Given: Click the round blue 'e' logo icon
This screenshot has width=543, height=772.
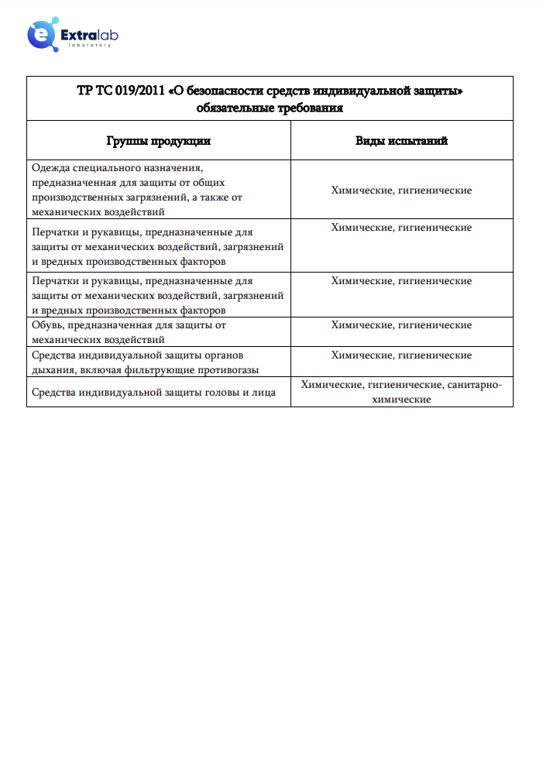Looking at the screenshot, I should pos(40,36).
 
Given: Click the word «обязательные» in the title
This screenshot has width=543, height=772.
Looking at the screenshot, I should pos(232,108).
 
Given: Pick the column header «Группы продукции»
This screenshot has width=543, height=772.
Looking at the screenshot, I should pos(158,141).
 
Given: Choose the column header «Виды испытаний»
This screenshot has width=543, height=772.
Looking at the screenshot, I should pos(401,141).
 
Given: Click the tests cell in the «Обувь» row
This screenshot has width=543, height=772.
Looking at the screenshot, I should pos(401,325).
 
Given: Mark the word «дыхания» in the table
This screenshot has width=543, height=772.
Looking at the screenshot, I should pos(52,370).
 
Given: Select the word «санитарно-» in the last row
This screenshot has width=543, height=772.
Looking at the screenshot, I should pos(475,384).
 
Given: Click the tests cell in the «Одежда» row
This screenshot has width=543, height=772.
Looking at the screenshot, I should pos(401,190).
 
